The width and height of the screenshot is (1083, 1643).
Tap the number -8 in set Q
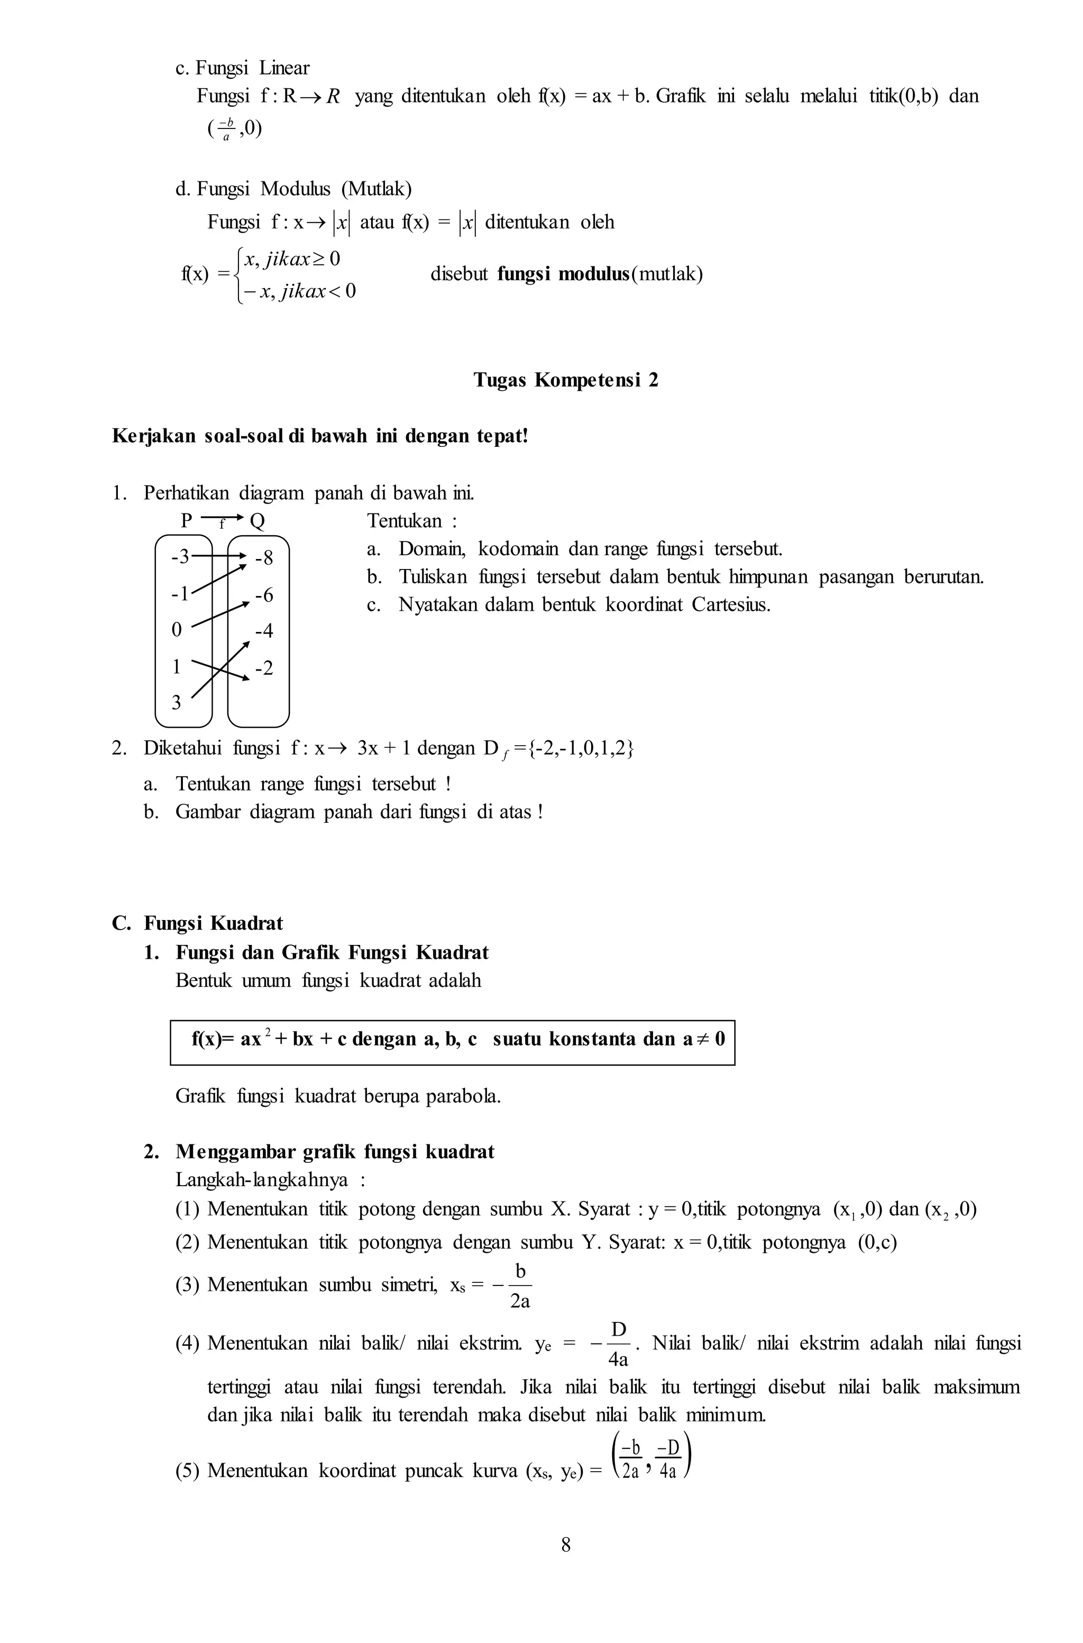tap(264, 557)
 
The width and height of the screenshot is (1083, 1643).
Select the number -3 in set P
tap(180, 556)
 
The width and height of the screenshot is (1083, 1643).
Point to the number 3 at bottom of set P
tap(176, 702)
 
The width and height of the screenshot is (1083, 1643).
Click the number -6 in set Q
tap(264, 594)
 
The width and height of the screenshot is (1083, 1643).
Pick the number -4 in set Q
tap(264, 630)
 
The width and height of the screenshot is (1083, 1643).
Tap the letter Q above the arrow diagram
tap(257, 521)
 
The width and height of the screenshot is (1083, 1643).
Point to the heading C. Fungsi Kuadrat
tap(198, 923)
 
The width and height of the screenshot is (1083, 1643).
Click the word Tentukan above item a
tap(404, 521)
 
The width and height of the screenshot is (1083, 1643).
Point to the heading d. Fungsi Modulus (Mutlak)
tap(293, 189)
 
